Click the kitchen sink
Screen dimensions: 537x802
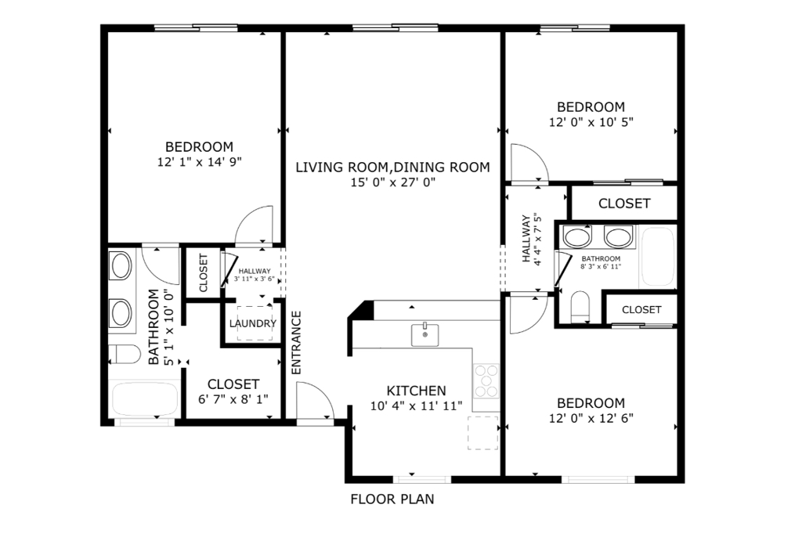(425, 334)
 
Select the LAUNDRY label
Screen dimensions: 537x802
(252, 323)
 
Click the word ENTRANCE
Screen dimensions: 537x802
(297, 343)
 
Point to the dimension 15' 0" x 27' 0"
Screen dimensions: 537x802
(392, 182)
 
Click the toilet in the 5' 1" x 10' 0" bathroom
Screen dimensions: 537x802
(124, 354)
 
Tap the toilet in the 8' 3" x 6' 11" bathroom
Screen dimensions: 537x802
(580, 306)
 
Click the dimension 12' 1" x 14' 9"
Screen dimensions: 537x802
(199, 162)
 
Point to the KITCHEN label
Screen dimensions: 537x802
(416, 391)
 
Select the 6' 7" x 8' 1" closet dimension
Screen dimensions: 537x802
(233, 398)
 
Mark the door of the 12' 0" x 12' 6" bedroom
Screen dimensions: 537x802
(526, 313)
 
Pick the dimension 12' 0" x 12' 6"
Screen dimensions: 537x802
(591, 418)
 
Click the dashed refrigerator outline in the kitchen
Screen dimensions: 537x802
(483, 432)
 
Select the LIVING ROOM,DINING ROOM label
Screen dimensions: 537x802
(392, 167)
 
